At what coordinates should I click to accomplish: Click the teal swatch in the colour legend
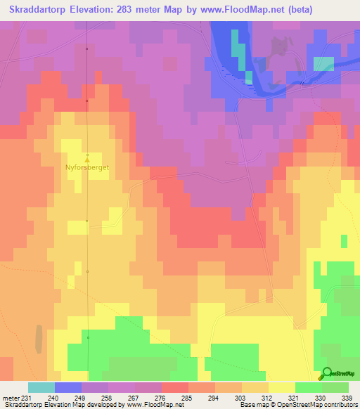point(41,387)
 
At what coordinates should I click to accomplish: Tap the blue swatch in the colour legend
point(68,387)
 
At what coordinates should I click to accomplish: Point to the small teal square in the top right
point(323,63)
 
